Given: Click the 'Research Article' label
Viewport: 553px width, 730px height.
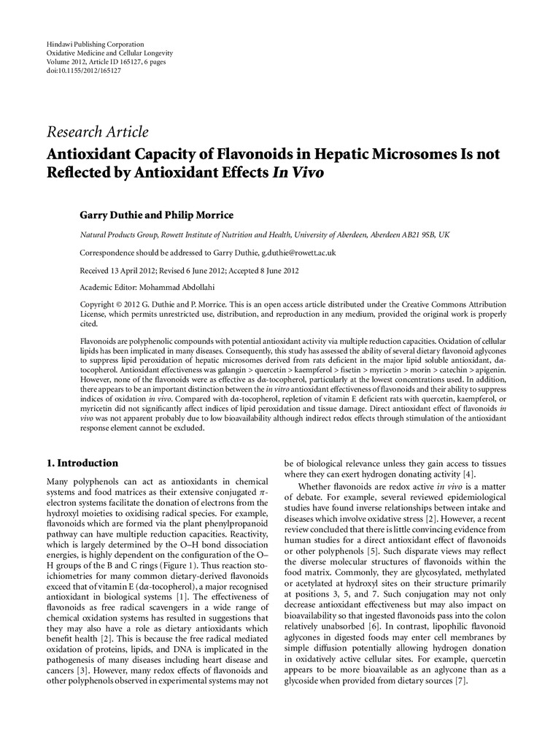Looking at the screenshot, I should (97, 132).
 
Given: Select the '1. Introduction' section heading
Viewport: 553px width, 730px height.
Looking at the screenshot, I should (82, 463).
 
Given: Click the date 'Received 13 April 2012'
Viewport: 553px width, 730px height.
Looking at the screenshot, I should (116, 269).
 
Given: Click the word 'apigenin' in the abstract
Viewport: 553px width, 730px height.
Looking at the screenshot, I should (486, 370).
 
